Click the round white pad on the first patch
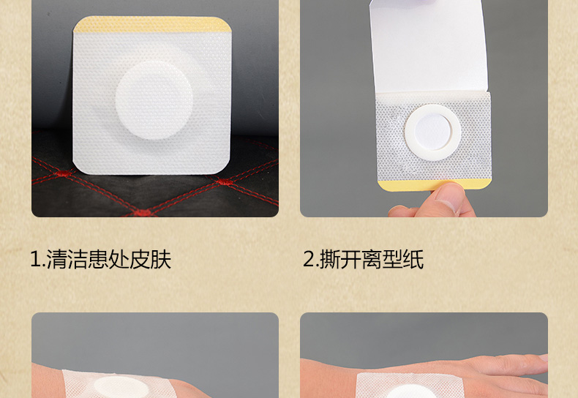click(x=154, y=100)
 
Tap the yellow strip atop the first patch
click(x=152, y=25)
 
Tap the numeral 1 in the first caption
click(x=36, y=260)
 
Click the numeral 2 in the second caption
click(x=309, y=260)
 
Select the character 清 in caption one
click(x=56, y=260)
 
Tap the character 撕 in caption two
click(x=329, y=260)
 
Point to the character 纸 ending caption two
click(x=413, y=260)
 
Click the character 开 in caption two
click(x=350, y=260)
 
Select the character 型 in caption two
click(x=392, y=260)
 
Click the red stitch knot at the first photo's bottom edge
click(x=143, y=213)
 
